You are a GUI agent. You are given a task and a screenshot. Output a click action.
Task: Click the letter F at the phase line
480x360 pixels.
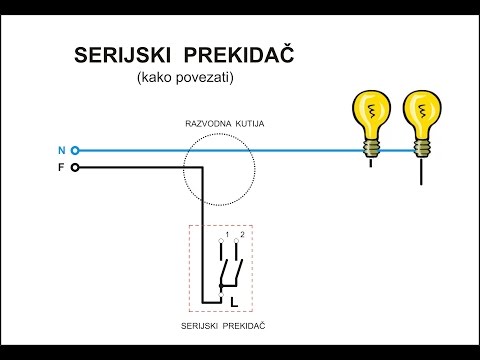pyautogui.click(x=61, y=167)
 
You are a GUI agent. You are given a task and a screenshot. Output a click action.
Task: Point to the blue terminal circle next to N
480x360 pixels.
pyautogui.click(x=75, y=151)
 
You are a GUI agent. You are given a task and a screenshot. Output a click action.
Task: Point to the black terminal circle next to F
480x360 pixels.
pyautogui.click(x=75, y=167)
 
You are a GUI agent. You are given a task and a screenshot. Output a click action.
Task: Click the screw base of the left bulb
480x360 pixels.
pyautogui.click(x=374, y=146)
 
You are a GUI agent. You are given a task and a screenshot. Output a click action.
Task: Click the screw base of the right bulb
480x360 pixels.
pyautogui.click(x=420, y=146)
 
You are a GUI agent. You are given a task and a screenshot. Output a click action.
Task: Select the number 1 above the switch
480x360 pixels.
pyautogui.click(x=227, y=235)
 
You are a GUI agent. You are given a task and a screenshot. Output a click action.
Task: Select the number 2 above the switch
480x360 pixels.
pyautogui.click(x=243, y=235)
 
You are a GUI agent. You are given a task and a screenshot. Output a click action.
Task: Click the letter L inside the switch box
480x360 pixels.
pyautogui.click(x=234, y=299)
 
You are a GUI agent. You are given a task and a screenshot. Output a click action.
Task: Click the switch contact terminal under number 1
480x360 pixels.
pyautogui.click(x=221, y=244)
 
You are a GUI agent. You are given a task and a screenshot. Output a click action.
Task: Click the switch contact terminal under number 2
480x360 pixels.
pyautogui.click(x=237, y=244)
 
